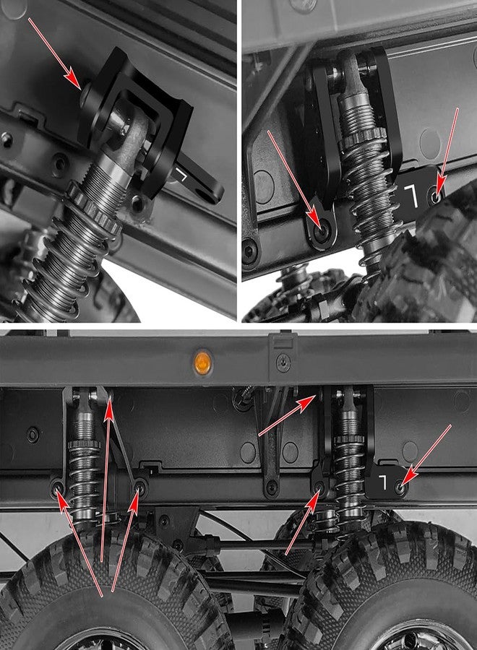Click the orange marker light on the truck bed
pos(202,363)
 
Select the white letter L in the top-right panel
pos(410,196)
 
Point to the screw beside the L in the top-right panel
pos(435,196)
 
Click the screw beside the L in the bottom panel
pos(400,487)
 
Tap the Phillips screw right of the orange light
pos(283,363)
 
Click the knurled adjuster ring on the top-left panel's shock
pos(94,207)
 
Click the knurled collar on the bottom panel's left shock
pos(85,444)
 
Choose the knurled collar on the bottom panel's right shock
pos(349,438)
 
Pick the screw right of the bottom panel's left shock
pos(141,487)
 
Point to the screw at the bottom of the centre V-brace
pos(271,487)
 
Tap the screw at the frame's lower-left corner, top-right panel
pos(249,251)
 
